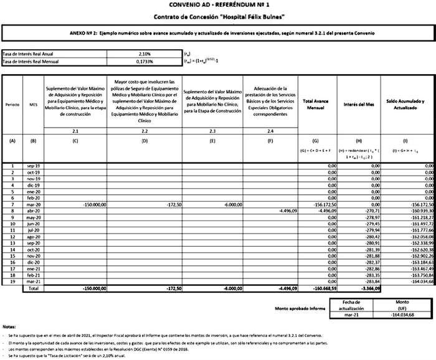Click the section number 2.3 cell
pos(212,131)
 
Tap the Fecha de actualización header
pos(356,305)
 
